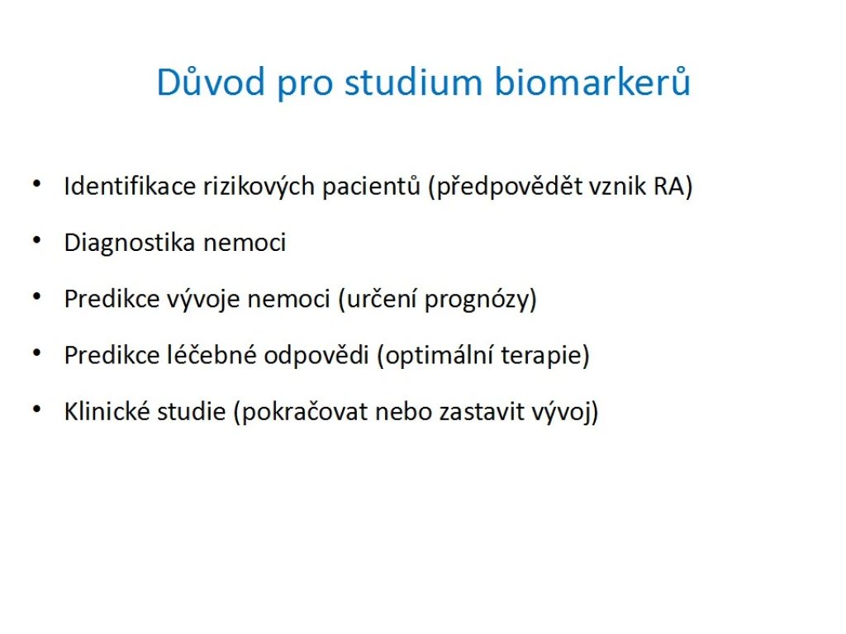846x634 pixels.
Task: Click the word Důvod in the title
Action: tap(211, 82)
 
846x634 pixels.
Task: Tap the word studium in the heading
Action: tap(413, 82)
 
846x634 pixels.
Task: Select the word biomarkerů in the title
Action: tap(592, 82)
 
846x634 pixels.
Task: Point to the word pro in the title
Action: tap(305, 86)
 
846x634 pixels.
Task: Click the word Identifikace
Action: tap(130, 187)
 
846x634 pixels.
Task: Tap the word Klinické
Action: tap(107, 411)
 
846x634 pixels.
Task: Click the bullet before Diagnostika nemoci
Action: tap(36, 240)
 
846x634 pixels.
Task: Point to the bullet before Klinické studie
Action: tap(36, 409)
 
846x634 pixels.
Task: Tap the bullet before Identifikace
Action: tap(36, 184)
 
